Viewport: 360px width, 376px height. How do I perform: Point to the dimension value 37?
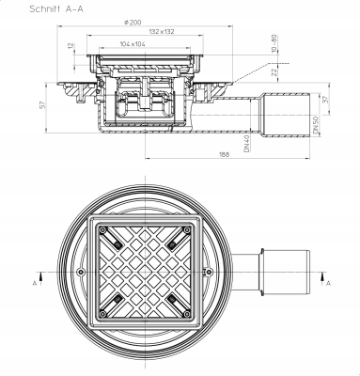click(325, 97)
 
